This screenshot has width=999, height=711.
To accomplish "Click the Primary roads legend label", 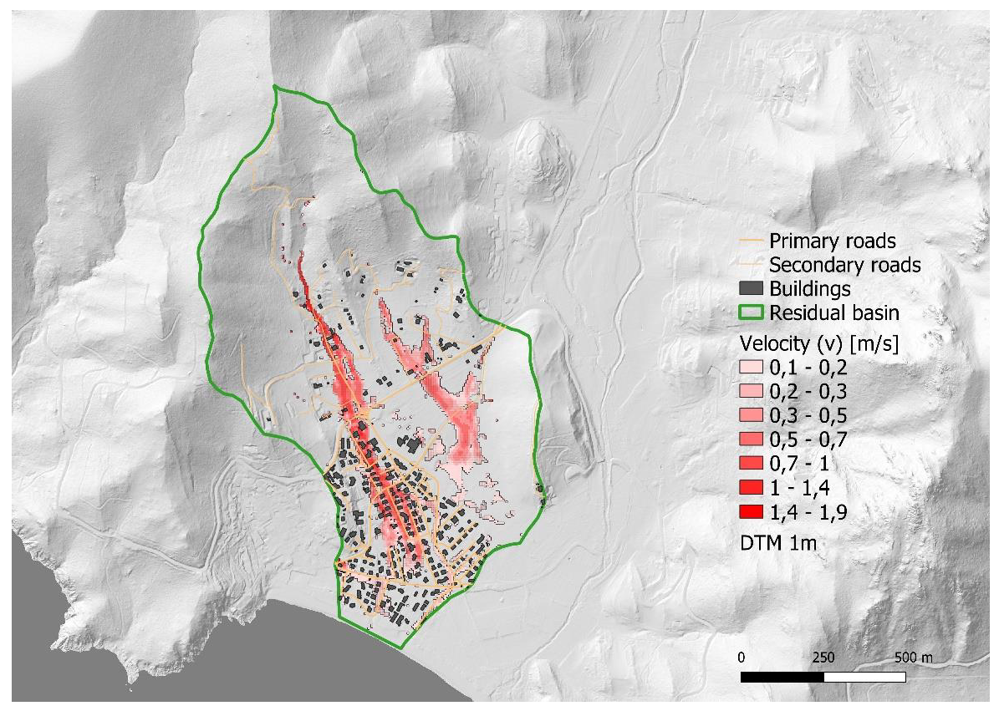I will [x=832, y=241].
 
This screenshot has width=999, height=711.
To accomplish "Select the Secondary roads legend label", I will [x=844, y=266].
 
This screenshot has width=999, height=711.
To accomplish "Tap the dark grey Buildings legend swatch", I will [x=752, y=290].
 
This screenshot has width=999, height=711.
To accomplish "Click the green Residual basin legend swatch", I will [x=752, y=314].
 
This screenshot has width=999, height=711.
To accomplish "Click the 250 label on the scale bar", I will [x=823, y=656].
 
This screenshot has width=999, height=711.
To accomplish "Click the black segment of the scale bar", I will [x=782, y=674].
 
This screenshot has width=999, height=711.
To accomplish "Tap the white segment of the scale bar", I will [x=864, y=674].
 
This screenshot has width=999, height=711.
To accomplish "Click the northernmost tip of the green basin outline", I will [x=274, y=86].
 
